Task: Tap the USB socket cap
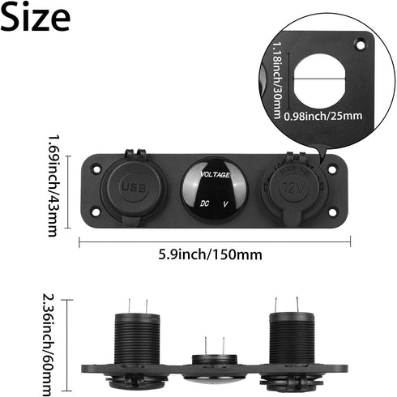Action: point(133,189)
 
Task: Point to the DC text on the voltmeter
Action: point(205,204)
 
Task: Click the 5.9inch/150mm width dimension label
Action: point(215,254)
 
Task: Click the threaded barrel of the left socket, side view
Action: point(138,339)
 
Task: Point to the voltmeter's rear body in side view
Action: point(214,362)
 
